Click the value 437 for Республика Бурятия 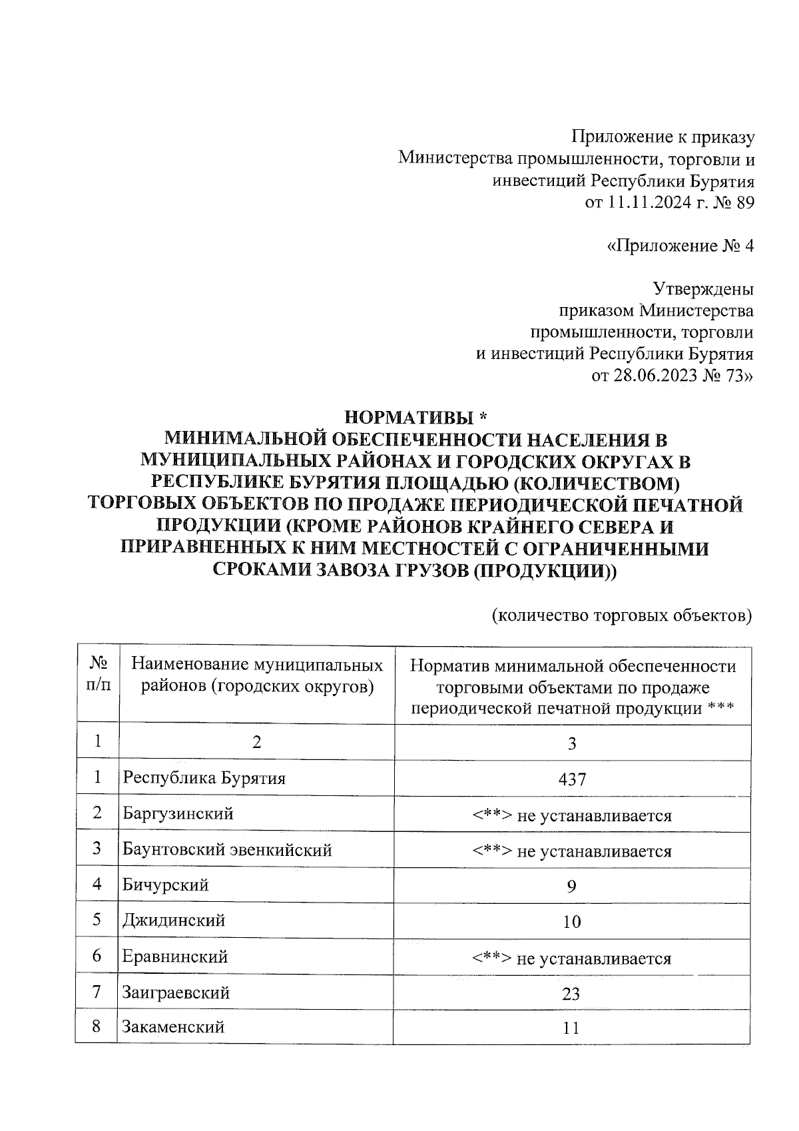(572, 779)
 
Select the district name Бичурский (166, 885)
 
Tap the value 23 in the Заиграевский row (571, 994)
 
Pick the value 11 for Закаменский (571, 1028)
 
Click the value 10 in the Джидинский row (571, 922)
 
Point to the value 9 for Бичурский (571, 887)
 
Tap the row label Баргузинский (178, 814)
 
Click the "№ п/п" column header (98, 674)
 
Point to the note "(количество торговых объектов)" (622, 614)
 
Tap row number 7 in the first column (97, 992)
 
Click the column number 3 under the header (571, 743)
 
